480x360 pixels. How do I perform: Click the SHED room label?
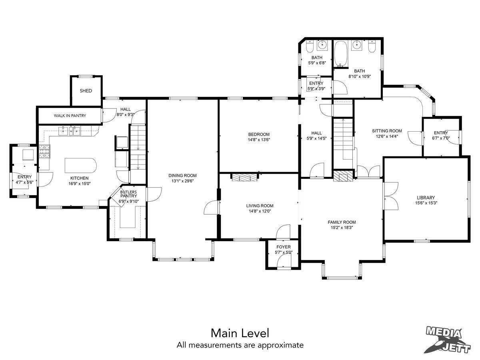pyautogui.click(x=86, y=91)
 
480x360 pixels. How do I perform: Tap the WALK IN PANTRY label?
pyautogui.click(x=70, y=116)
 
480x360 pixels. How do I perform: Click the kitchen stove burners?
pyautogui.click(x=44, y=151)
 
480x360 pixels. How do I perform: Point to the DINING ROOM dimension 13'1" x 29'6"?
pyautogui.click(x=182, y=181)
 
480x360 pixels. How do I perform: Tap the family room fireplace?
pyautogui.click(x=343, y=176)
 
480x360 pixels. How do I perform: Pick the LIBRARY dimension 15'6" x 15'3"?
pyautogui.click(x=426, y=203)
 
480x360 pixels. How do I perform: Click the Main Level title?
pyautogui.click(x=240, y=333)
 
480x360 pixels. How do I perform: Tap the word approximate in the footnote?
pyautogui.click(x=280, y=345)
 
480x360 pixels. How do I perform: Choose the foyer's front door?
pyautogui.click(x=284, y=262)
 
